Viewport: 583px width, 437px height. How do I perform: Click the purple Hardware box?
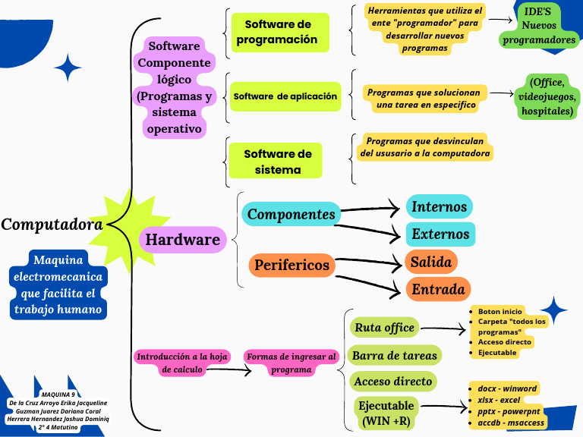[x=182, y=240]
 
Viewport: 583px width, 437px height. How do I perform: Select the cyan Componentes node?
[x=291, y=214]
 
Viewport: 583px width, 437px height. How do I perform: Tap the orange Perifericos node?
[x=291, y=265]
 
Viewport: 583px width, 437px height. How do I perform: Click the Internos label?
[x=439, y=206]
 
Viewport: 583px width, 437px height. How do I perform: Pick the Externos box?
[x=440, y=234]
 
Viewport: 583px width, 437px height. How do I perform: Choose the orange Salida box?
[x=431, y=262]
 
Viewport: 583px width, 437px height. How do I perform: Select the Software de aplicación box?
[x=285, y=96]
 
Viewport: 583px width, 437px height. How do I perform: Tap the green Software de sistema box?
[x=277, y=162]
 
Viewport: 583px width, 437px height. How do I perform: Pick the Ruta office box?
[x=384, y=328]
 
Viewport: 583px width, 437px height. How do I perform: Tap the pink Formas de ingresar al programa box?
[x=291, y=363]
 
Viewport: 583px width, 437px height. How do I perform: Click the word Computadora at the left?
[x=52, y=225]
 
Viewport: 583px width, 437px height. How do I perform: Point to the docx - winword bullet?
[x=506, y=388]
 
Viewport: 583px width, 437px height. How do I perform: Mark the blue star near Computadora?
[x=68, y=68]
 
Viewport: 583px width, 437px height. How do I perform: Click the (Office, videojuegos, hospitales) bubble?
[x=547, y=96]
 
